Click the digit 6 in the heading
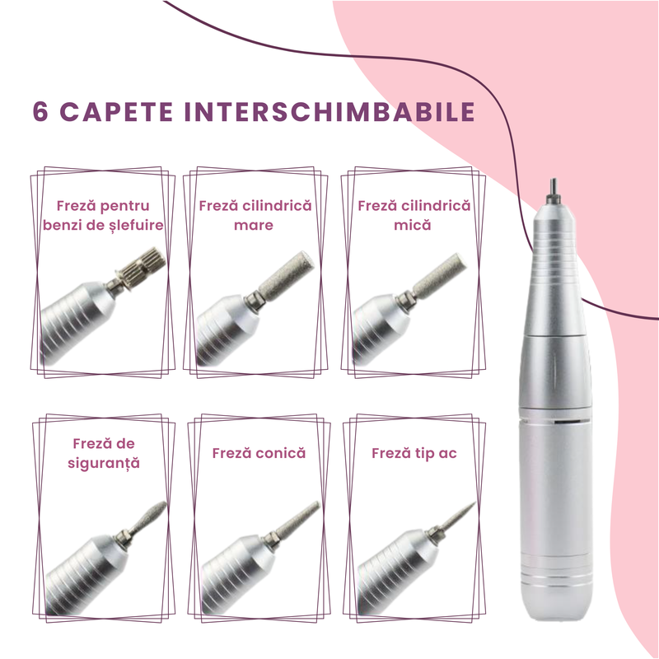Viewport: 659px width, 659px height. [40, 113]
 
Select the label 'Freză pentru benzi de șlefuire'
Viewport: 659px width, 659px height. [103, 214]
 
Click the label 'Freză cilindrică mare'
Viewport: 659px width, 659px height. [255, 214]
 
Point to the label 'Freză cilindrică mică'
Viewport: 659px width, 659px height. [414, 214]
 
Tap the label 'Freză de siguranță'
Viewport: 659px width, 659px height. [103, 453]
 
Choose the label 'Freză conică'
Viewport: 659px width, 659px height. [259, 453]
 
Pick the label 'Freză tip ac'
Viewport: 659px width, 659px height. [414, 453]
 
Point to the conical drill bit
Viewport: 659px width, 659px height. [301, 519]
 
